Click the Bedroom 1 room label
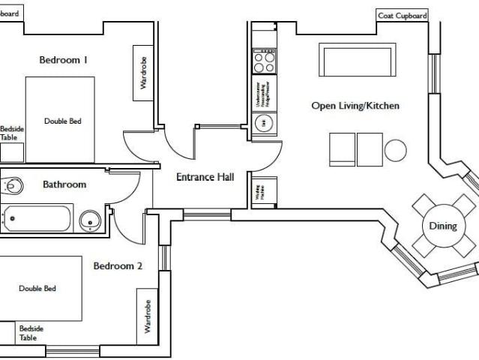(64, 60)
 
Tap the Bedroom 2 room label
(118, 265)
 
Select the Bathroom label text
(64, 184)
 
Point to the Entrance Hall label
(205, 178)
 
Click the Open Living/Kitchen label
(355, 106)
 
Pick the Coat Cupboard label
(402, 16)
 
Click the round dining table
(442, 226)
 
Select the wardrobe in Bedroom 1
(144, 73)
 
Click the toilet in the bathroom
(13, 185)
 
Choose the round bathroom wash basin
(90, 220)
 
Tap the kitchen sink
(264, 124)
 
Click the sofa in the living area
(356, 60)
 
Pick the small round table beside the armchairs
(395, 151)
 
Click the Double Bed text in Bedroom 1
(62, 121)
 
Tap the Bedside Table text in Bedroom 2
(31, 333)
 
